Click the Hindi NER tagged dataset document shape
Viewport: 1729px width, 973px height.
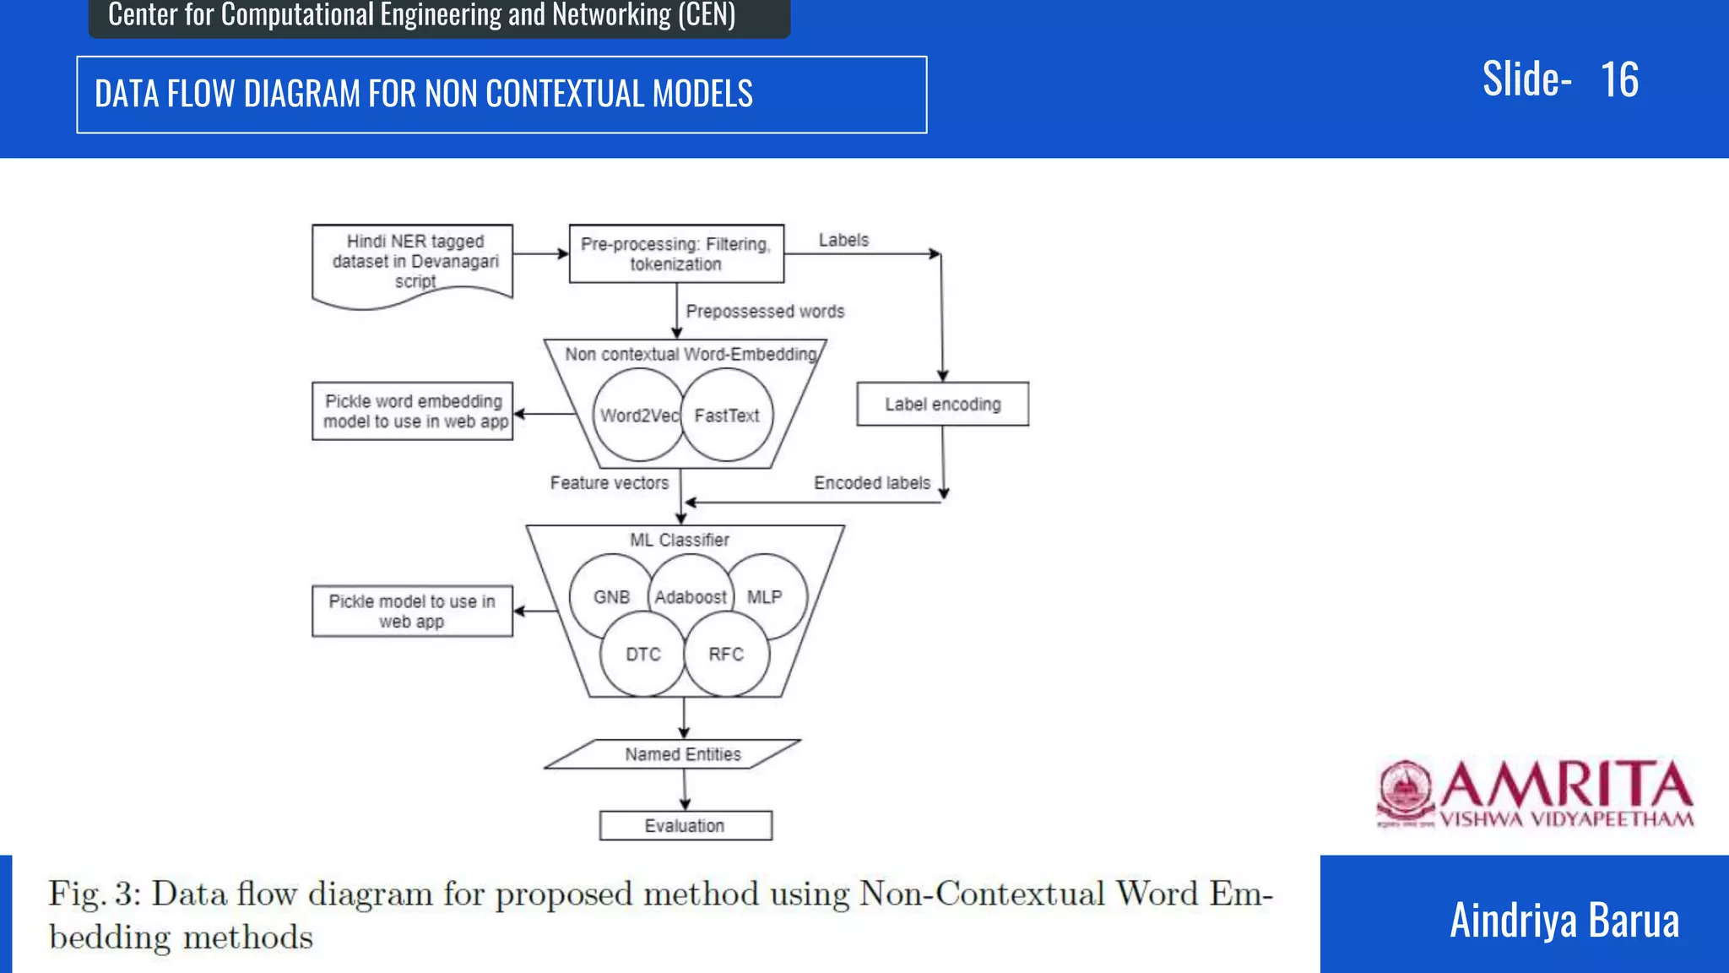(413, 262)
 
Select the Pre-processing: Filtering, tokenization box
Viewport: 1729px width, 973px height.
(676, 253)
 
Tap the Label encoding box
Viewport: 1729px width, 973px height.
(942, 405)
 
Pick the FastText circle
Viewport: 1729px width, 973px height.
(728, 416)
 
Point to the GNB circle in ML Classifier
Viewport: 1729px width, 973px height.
(610, 597)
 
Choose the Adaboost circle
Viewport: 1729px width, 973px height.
(691, 597)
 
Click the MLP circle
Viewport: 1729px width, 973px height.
(766, 597)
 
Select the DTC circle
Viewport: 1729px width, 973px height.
(642, 655)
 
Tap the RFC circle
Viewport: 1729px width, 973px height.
(726, 655)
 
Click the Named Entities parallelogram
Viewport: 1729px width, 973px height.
(682, 754)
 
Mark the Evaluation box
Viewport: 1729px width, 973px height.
(685, 826)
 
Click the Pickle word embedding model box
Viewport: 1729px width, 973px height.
(413, 411)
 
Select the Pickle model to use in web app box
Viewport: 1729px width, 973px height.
(412, 612)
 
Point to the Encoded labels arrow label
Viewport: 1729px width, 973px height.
(871, 483)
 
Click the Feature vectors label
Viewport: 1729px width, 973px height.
(609, 483)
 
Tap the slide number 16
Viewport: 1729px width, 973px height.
(1619, 80)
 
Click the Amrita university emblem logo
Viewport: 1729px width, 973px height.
(1405, 793)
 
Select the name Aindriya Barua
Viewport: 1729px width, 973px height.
(1564, 921)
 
